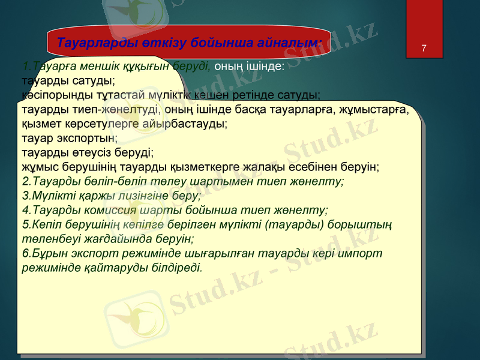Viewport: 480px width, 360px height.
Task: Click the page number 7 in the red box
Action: (x=424, y=47)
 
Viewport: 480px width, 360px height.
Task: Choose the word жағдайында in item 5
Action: (x=113, y=238)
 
